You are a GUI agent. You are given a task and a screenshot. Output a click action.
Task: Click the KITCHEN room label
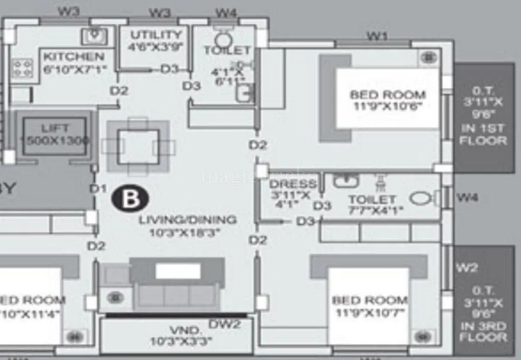(x=73, y=57)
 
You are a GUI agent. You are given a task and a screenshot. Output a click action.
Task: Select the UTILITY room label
(x=156, y=34)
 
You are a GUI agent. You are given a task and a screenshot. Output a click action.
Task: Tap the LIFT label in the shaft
(x=55, y=128)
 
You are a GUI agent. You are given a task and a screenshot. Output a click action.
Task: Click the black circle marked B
(x=129, y=199)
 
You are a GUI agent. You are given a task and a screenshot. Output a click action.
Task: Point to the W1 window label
(x=378, y=36)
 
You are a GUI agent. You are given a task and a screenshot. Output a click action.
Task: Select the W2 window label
(x=467, y=267)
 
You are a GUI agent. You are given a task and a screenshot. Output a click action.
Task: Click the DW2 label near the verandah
(x=225, y=324)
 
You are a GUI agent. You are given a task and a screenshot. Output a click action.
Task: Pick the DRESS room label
(x=293, y=183)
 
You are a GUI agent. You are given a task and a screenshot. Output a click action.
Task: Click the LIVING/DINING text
(x=187, y=220)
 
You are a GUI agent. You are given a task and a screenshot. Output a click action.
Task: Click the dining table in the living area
(x=138, y=146)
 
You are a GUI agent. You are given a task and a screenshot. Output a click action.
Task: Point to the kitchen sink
(x=94, y=36)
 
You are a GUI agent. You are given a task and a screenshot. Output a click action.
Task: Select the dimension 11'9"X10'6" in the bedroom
(x=388, y=108)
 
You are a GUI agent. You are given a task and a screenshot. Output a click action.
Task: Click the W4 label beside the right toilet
(x=468, y=197)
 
